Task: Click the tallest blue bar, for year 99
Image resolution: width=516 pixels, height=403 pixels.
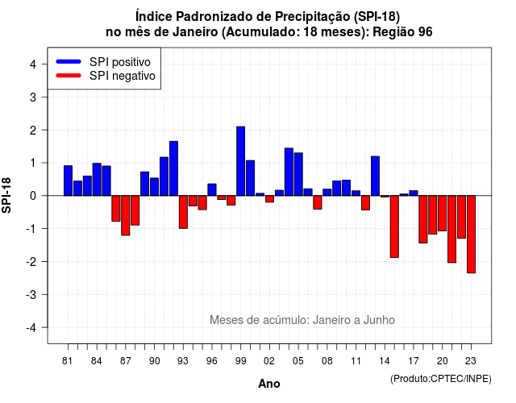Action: tap(240, 161)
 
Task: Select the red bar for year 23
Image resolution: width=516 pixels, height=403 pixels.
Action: tap(471, 235)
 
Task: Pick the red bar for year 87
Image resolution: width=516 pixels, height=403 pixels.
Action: tap(126, 215)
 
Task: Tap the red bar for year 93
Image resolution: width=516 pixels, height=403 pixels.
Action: tap(183, 212)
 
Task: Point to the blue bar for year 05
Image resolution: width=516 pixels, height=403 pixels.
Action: tap(298, 174)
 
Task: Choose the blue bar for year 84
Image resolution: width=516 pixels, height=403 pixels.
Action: tap(97, 179)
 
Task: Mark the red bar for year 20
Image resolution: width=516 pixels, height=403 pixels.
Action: tap(443, 213)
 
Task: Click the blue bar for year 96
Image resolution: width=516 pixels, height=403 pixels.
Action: tap(212, 190)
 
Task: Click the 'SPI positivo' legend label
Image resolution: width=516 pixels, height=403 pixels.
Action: tap(120, 62)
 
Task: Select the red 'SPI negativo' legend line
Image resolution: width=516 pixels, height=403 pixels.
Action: tap(69, 76)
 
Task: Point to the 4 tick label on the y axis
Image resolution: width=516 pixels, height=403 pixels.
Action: tap(33, 64)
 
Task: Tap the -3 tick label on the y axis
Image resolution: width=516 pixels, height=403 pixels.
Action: tap(31, 294)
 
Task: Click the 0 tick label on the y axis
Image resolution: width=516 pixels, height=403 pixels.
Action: tap(33, 196)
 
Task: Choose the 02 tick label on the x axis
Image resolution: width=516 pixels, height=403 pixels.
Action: tap(268, 361)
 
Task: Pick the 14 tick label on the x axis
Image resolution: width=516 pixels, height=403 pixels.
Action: tap(384, 361)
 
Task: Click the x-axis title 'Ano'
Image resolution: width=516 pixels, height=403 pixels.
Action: tap(269, 384)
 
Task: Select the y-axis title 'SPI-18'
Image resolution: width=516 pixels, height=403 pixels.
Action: tap(6, 195)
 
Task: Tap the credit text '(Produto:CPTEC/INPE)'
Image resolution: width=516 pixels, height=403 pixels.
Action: tap(441, 379)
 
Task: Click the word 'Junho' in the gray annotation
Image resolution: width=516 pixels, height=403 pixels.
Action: tap(379, 320)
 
